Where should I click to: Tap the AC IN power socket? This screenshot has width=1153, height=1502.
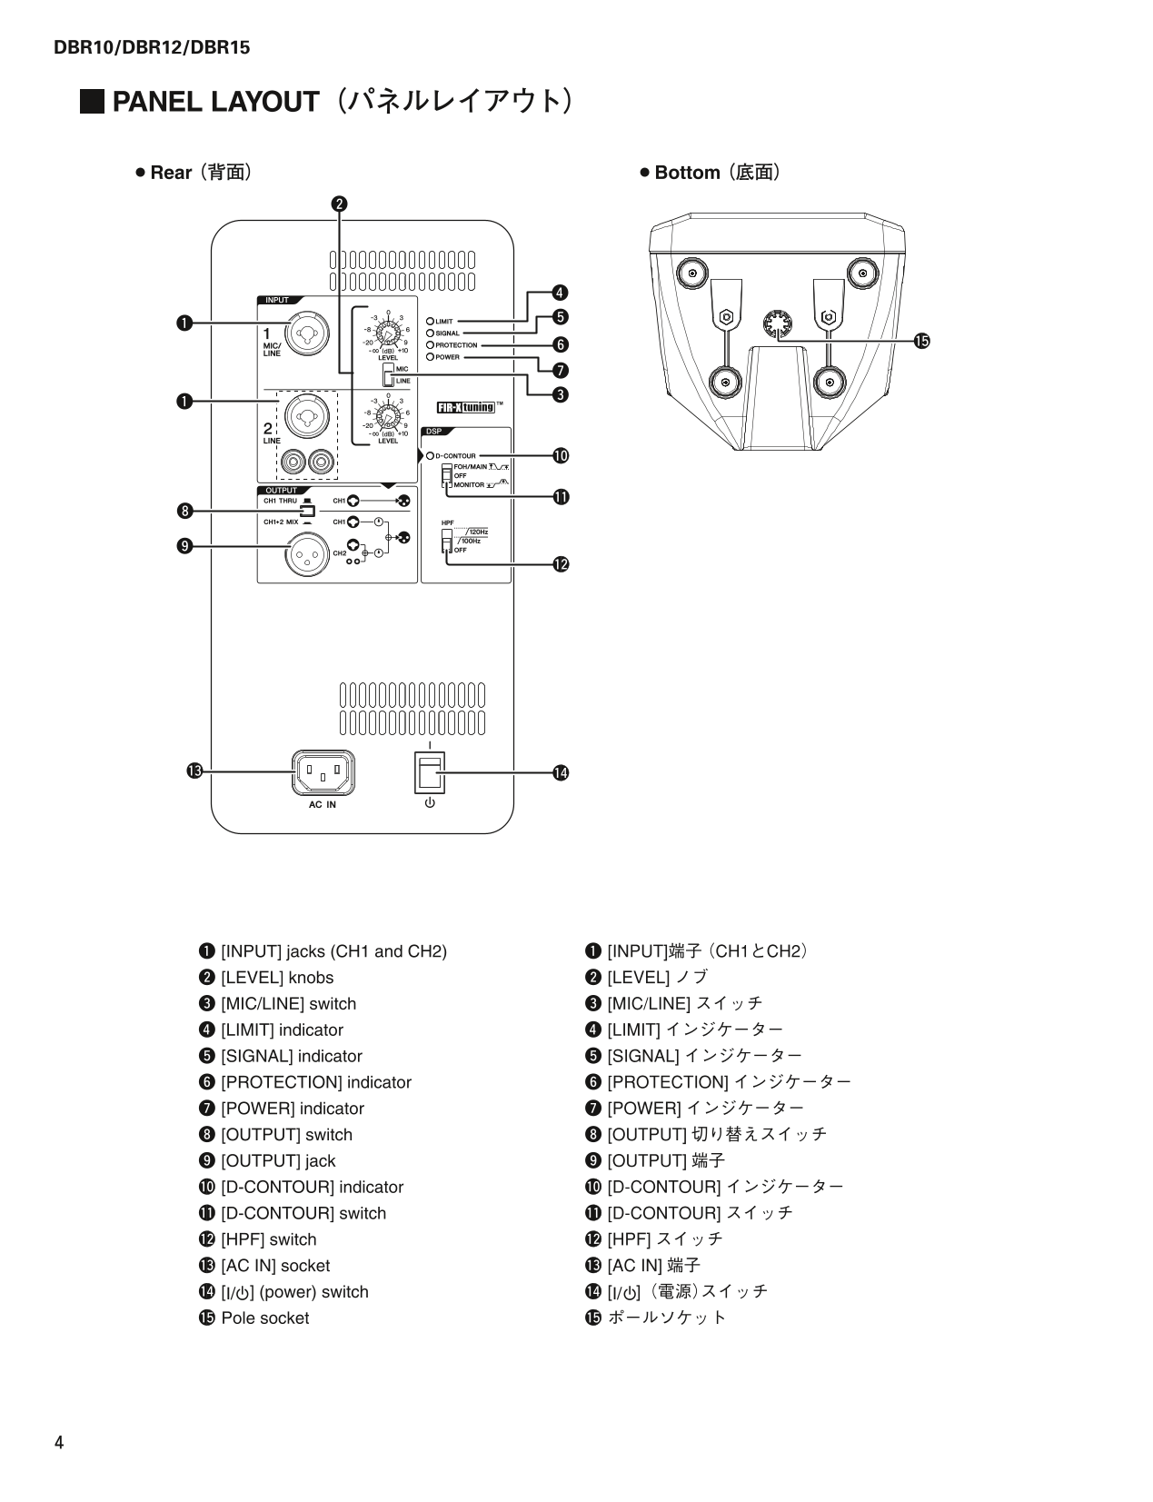[x=323, y=773]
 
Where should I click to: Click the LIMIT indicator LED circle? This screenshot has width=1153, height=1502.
[x=430, y=321]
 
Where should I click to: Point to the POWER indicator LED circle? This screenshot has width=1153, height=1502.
[x=430, y=357]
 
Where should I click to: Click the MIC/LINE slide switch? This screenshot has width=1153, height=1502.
[x=388, y=374]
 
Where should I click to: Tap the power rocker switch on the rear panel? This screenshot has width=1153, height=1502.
[x=429, y=772]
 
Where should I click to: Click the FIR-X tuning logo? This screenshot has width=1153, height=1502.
[x=466, y=407]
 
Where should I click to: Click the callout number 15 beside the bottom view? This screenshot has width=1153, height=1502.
[x=922, y=341]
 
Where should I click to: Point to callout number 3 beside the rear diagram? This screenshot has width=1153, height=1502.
[x=561, y=394]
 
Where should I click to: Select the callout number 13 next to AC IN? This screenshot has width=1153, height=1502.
[x=193, y=771]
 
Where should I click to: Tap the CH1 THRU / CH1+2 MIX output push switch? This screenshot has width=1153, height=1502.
[x=307, y=511]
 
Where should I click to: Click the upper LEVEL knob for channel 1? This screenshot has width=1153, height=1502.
[x=388, y=337]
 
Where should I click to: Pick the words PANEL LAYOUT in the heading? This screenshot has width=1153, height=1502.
[x=215, y=102]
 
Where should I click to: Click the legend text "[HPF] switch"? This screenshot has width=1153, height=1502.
[x=268, y=1239]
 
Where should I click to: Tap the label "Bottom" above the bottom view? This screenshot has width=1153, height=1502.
[x=687, y=173]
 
